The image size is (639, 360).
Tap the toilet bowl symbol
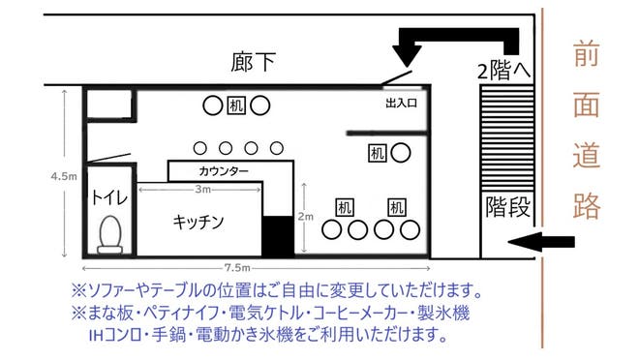tap(108, 233)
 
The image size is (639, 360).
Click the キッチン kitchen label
tap(198, 222)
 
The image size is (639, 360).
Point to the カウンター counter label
tap(224, 171)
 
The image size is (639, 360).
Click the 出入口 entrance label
tap(401, 101)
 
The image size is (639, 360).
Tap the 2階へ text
tap(502, 70)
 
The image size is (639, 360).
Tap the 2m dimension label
tap(307, 216)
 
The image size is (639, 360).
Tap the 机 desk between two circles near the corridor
tap(235, 105)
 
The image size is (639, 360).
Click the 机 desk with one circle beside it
tap(378, 152)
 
